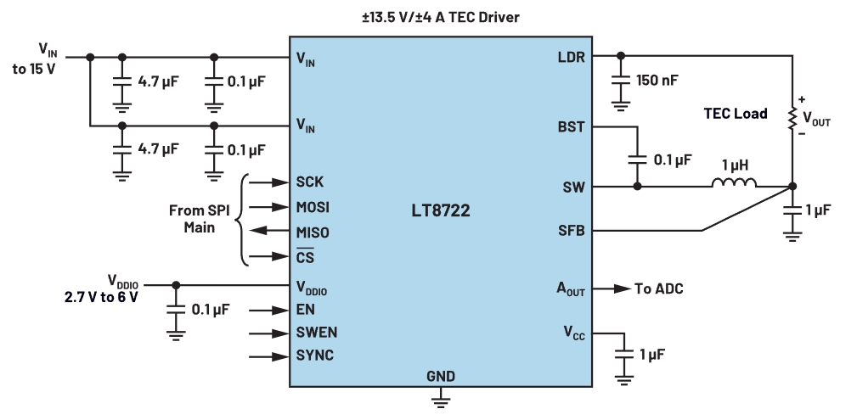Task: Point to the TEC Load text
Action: point(736,113)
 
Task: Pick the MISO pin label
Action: point(313,232)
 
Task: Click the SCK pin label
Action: point(310,182)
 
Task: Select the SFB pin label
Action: point(571,231)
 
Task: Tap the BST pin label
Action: point(571,126)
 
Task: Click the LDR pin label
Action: point(571,58)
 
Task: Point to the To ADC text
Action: point(659,288)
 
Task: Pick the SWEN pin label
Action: point(315,332)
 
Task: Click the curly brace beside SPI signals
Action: point(239,219)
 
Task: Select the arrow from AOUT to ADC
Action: point(611,288)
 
